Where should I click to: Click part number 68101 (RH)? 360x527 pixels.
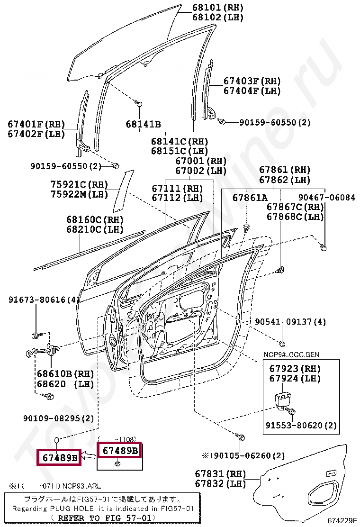[x=217, y=8]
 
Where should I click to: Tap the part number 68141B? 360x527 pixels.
[x=143, y=125]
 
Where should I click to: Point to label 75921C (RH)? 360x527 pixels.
[x=79, y=184]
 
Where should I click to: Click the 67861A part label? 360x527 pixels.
[x=250, y=198]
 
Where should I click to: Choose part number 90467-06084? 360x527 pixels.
[x=326, y=198]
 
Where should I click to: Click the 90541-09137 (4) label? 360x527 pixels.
[x=290, y=322]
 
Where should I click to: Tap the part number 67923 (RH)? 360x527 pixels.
[x=295, y=369]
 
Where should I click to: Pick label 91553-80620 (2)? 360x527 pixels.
[x=301, y=425]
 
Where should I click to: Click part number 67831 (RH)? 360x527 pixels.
[x=220, y=474]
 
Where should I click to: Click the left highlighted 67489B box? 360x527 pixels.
[x=59, y=458]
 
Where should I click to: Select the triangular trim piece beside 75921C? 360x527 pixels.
[x=121, y=192]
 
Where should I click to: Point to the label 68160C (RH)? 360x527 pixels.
[x=94, y=220]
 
